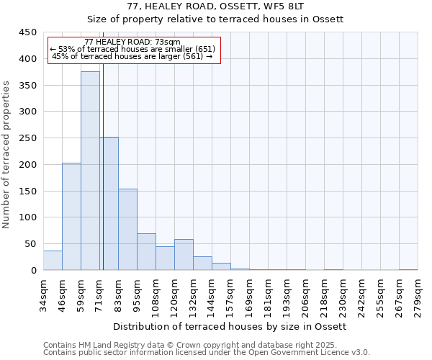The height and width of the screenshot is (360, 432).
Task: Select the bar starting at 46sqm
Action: click(x=71, y=216)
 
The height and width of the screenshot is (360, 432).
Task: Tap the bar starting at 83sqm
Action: click(x=127, y=229)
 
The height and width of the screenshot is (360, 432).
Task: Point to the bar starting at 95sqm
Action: click(x=146, y=251)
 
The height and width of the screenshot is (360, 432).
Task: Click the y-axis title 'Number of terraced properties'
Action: click(x=6, y=154)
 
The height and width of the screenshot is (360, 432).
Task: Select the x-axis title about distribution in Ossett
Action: click(x=230, y=326)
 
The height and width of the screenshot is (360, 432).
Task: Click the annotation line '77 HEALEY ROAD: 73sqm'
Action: click(x=132, y=42)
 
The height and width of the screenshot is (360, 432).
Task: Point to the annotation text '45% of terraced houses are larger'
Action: click(x=132, y=56)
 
